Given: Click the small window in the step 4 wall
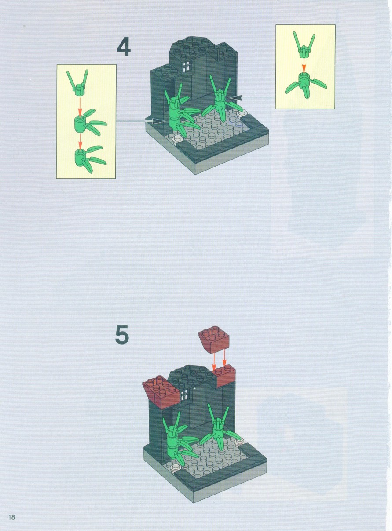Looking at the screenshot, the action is tap(187, 66).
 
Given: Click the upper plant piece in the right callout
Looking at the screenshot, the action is tap(304, 45).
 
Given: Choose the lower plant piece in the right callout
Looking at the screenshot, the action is tap(305, 85).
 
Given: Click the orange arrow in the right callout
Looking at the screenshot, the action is tap(304, 65).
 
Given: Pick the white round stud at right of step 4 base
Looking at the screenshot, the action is tap(242, 113).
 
